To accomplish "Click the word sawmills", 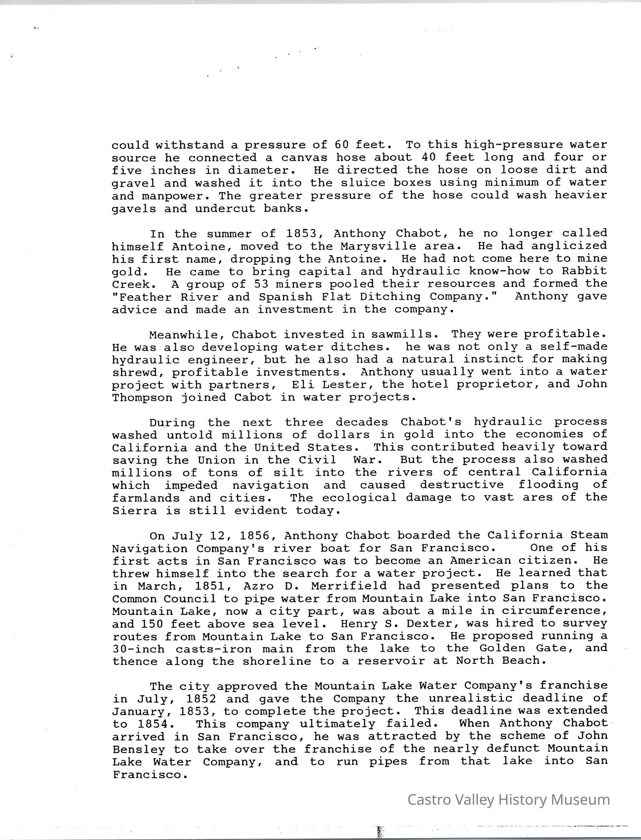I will pos(404,335).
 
